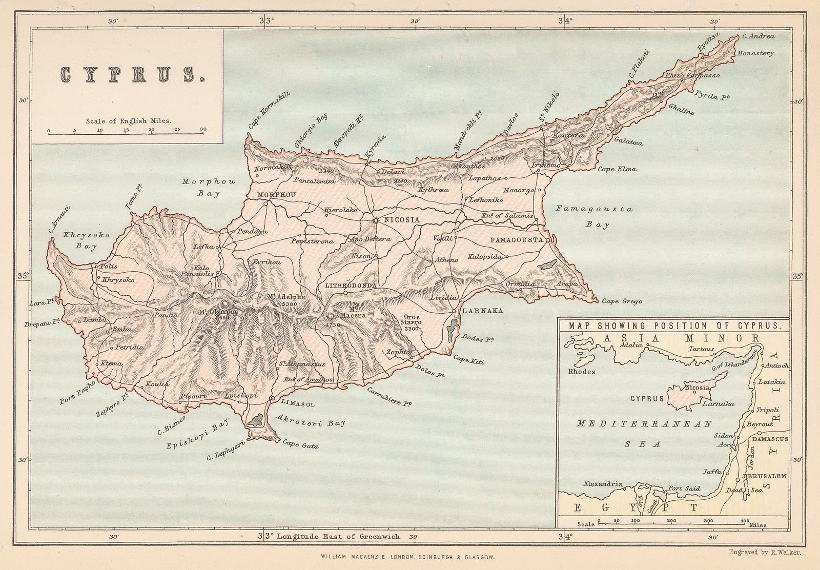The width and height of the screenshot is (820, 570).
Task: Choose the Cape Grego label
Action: [x=622, y=302]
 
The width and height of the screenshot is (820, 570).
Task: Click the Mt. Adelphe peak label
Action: [x=286, y=297]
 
